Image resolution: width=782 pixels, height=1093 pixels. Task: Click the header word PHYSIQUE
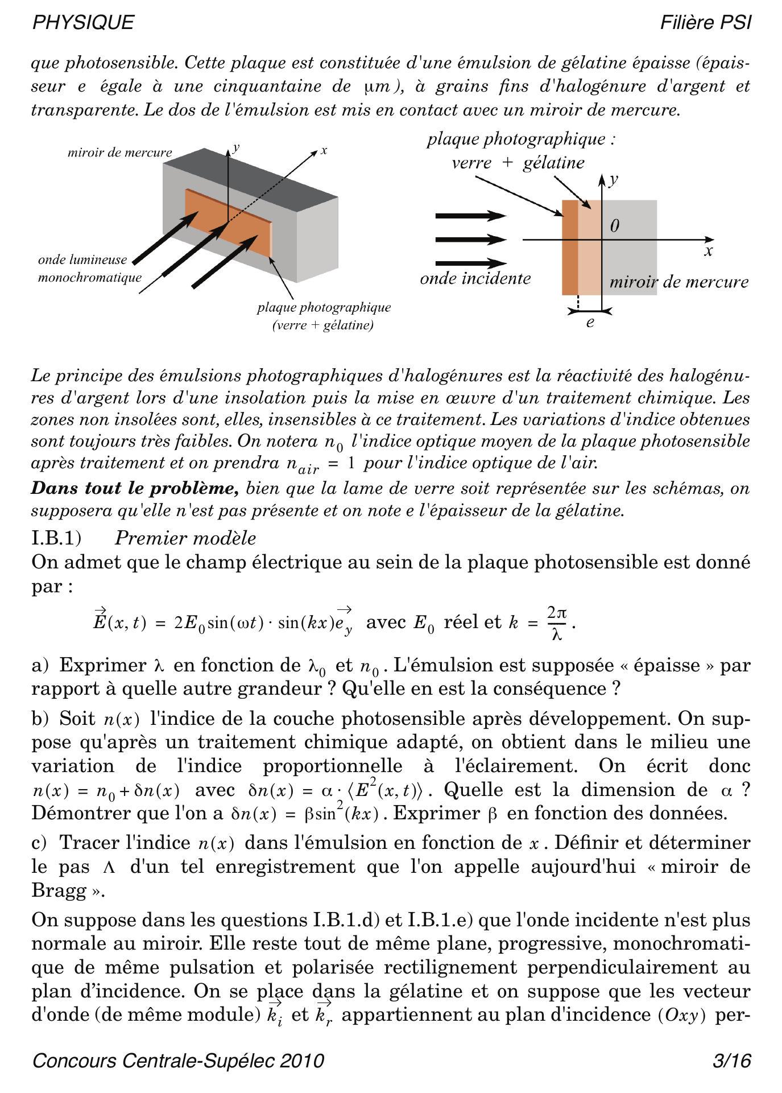pyautogui.click(x=83, y=23)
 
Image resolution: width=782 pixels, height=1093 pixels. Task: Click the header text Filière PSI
pyautogui.click(x=706, y=23)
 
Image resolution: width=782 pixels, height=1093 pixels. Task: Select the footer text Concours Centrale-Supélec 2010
pyautogui.click(x=179, y=1061)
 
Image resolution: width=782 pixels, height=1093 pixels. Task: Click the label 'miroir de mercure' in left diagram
pyautogui.click(x=119, y=152)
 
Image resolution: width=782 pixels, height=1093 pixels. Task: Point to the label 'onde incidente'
pyautogui.click(x=475, y=279)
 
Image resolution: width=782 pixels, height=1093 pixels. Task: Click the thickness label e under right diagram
pyautogui.click(x=590, y=323)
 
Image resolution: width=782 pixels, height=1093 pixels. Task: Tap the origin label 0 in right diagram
pyautogui.click(x=614, y=226)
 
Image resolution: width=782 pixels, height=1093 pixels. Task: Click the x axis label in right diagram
pyautogui.click(x=708, y=251)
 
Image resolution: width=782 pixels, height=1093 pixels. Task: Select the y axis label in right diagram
pyautogui.click(x=614, y=180)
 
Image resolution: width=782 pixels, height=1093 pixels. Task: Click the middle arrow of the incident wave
pyautogui.click(x=470, y=240)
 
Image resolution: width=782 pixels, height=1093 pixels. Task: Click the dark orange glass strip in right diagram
pyautogui.click(x=570, y=248)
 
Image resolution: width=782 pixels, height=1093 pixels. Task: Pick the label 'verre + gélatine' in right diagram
pyautogui.click(x=518, y=163)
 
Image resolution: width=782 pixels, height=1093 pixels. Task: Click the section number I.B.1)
pyautogui.click(x=57, y=538)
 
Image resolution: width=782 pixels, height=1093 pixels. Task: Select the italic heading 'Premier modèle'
pyautogui.click(x=185, y=538)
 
